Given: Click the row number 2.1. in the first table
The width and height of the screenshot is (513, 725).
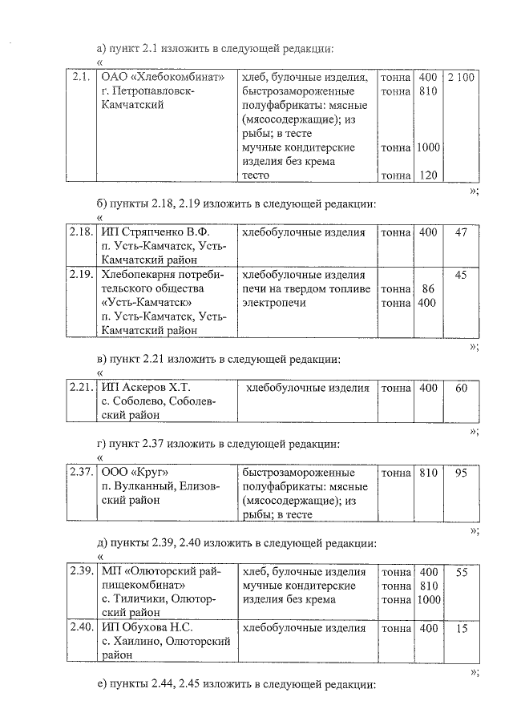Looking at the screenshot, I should (x=80, y=78).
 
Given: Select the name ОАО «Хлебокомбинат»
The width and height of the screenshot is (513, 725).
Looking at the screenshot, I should (x=161, y=78).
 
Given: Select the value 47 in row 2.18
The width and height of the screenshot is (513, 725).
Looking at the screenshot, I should (x=461, y=232).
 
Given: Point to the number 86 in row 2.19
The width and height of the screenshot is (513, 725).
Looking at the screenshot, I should (x=428, y=289).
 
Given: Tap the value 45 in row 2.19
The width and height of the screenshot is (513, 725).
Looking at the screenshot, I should (x=461, y=275).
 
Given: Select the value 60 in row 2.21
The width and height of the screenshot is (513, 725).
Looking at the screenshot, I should (x=461, y=388).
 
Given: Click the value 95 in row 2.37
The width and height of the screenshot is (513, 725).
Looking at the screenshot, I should (x=461, y=473).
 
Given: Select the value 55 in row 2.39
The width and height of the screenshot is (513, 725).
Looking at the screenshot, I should (x=461, y=572).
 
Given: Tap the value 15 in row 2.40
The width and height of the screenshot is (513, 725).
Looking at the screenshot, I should (x=461, y=628).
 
